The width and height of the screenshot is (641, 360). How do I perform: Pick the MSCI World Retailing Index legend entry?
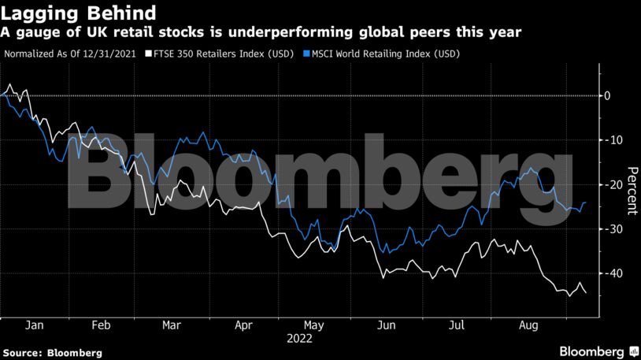(381, 54)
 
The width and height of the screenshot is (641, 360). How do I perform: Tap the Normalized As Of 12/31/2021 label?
(69, 54)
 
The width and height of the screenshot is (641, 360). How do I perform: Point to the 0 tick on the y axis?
(607, 95)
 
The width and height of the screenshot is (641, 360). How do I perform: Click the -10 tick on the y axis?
(610, 140)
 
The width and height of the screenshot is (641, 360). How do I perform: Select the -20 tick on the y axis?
(610, 184)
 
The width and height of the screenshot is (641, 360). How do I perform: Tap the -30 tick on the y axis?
(610, 229)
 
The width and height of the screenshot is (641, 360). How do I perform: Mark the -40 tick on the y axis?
(610, 273)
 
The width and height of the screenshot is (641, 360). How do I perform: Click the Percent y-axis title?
(632, 191)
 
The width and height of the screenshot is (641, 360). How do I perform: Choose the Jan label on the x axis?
(34, 325)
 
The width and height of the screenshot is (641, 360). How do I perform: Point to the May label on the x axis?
(313, 325)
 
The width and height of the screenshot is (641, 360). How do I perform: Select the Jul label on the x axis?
(456, 325)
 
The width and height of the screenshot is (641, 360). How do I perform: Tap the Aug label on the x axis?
(528, 325)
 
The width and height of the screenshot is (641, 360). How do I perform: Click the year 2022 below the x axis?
(299, 339)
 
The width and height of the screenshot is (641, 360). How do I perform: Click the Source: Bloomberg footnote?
(52, 352)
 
